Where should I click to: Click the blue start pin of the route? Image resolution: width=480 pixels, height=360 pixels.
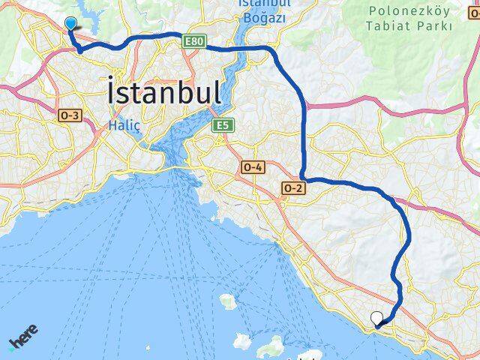tap(70, 23)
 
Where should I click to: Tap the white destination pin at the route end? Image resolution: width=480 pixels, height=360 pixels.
tap(376, 319)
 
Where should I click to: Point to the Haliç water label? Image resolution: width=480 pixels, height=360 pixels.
tap(124, 125)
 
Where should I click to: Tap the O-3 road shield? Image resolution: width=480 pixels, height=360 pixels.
tap(69, 114)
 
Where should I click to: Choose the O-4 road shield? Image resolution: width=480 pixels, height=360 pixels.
tap(252, 167)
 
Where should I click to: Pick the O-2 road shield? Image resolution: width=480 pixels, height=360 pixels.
tap(293, 187)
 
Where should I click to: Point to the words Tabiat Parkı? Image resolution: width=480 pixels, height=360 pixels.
tap(410, 26)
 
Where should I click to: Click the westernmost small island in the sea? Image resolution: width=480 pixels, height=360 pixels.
tap(227, 301)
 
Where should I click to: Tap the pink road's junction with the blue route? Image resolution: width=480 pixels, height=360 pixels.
tap(305, 106)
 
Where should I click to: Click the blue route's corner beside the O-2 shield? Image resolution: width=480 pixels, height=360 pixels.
tap(304, 178)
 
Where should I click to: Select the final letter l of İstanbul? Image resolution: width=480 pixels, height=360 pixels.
tap(217, 93)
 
